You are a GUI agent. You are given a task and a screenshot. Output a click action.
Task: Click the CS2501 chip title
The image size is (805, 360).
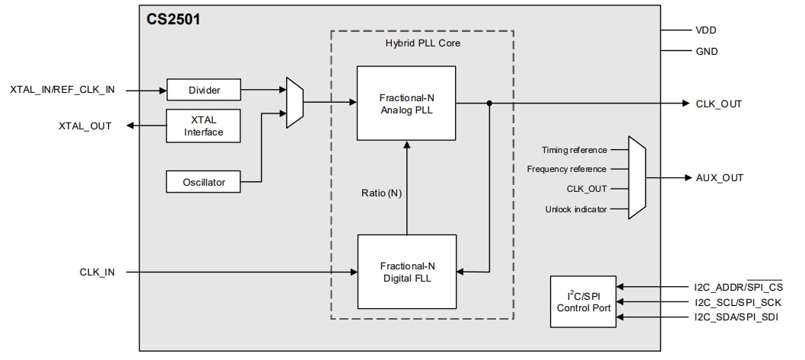pyautogui.click(x=173, y=18)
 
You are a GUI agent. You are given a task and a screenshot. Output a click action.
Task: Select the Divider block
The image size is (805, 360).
pyautogui.click(x=203, y=90)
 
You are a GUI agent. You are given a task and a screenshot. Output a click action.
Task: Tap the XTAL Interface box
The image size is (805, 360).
pyautogui.click(x=203, y=126)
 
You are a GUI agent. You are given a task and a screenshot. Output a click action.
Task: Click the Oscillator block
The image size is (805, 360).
pyautogui.click(x=203, y=182)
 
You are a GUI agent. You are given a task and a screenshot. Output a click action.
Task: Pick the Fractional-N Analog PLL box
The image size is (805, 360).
pyautogui.click(x=406, y=104)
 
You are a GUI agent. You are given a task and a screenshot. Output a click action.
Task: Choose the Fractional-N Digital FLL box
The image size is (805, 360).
pyautogui.click(x=406, y=272)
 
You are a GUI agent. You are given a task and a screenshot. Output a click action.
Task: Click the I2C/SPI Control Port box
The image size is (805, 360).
pyautogui.click(x=583, y=301)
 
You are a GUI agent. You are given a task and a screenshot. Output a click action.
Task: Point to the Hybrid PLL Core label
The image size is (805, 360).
pyautogui.click(x=422, y=43)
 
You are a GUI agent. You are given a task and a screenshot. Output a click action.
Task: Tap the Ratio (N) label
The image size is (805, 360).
pyautogui.click(x=381, y=193)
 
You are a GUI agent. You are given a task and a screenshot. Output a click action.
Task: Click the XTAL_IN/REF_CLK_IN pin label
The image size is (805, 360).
pyautogui.click(x=62, y=90)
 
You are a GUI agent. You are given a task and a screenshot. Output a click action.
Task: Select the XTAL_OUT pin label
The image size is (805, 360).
pyautogui.click(x=84, y=126)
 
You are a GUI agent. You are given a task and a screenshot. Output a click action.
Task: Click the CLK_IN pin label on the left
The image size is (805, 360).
pyautogui.click(x=97, y=272)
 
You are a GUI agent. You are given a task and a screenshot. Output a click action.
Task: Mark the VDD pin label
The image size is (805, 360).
pyautogui.click(x=705, y=30)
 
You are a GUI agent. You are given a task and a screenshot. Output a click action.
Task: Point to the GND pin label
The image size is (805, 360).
pyautogui.click(x=706, y=52)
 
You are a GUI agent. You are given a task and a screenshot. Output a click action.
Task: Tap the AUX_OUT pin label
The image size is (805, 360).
pyautogui.click(x=719, y=178)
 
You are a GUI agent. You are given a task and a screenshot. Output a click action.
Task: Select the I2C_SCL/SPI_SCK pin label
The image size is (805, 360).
pyautogui.click(x=735, y=301)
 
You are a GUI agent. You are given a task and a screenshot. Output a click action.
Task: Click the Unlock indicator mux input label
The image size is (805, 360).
pyautogui.click(x=576, y=209)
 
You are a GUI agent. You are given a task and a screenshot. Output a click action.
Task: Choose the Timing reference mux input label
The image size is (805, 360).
pyautogui.click(x=574, y=150)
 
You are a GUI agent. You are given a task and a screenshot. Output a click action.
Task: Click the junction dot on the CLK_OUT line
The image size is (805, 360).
pyautogui.click(x=489, y=104)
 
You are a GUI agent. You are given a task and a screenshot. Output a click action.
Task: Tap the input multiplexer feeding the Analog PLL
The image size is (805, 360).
pyautogui.click(x=294, y=102)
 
